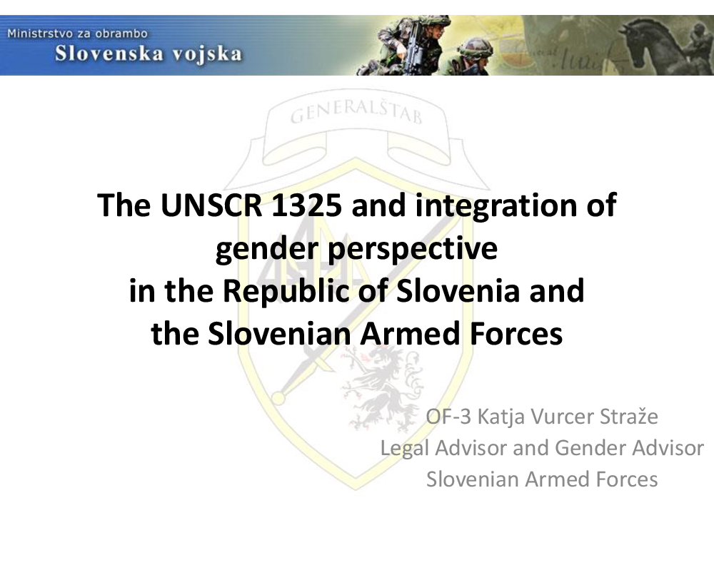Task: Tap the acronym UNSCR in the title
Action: (211, 205)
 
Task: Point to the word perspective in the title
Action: (412, 250)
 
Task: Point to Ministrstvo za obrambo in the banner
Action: (77, 34)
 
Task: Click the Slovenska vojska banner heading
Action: (149, 54)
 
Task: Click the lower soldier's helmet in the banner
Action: (475, 47)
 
